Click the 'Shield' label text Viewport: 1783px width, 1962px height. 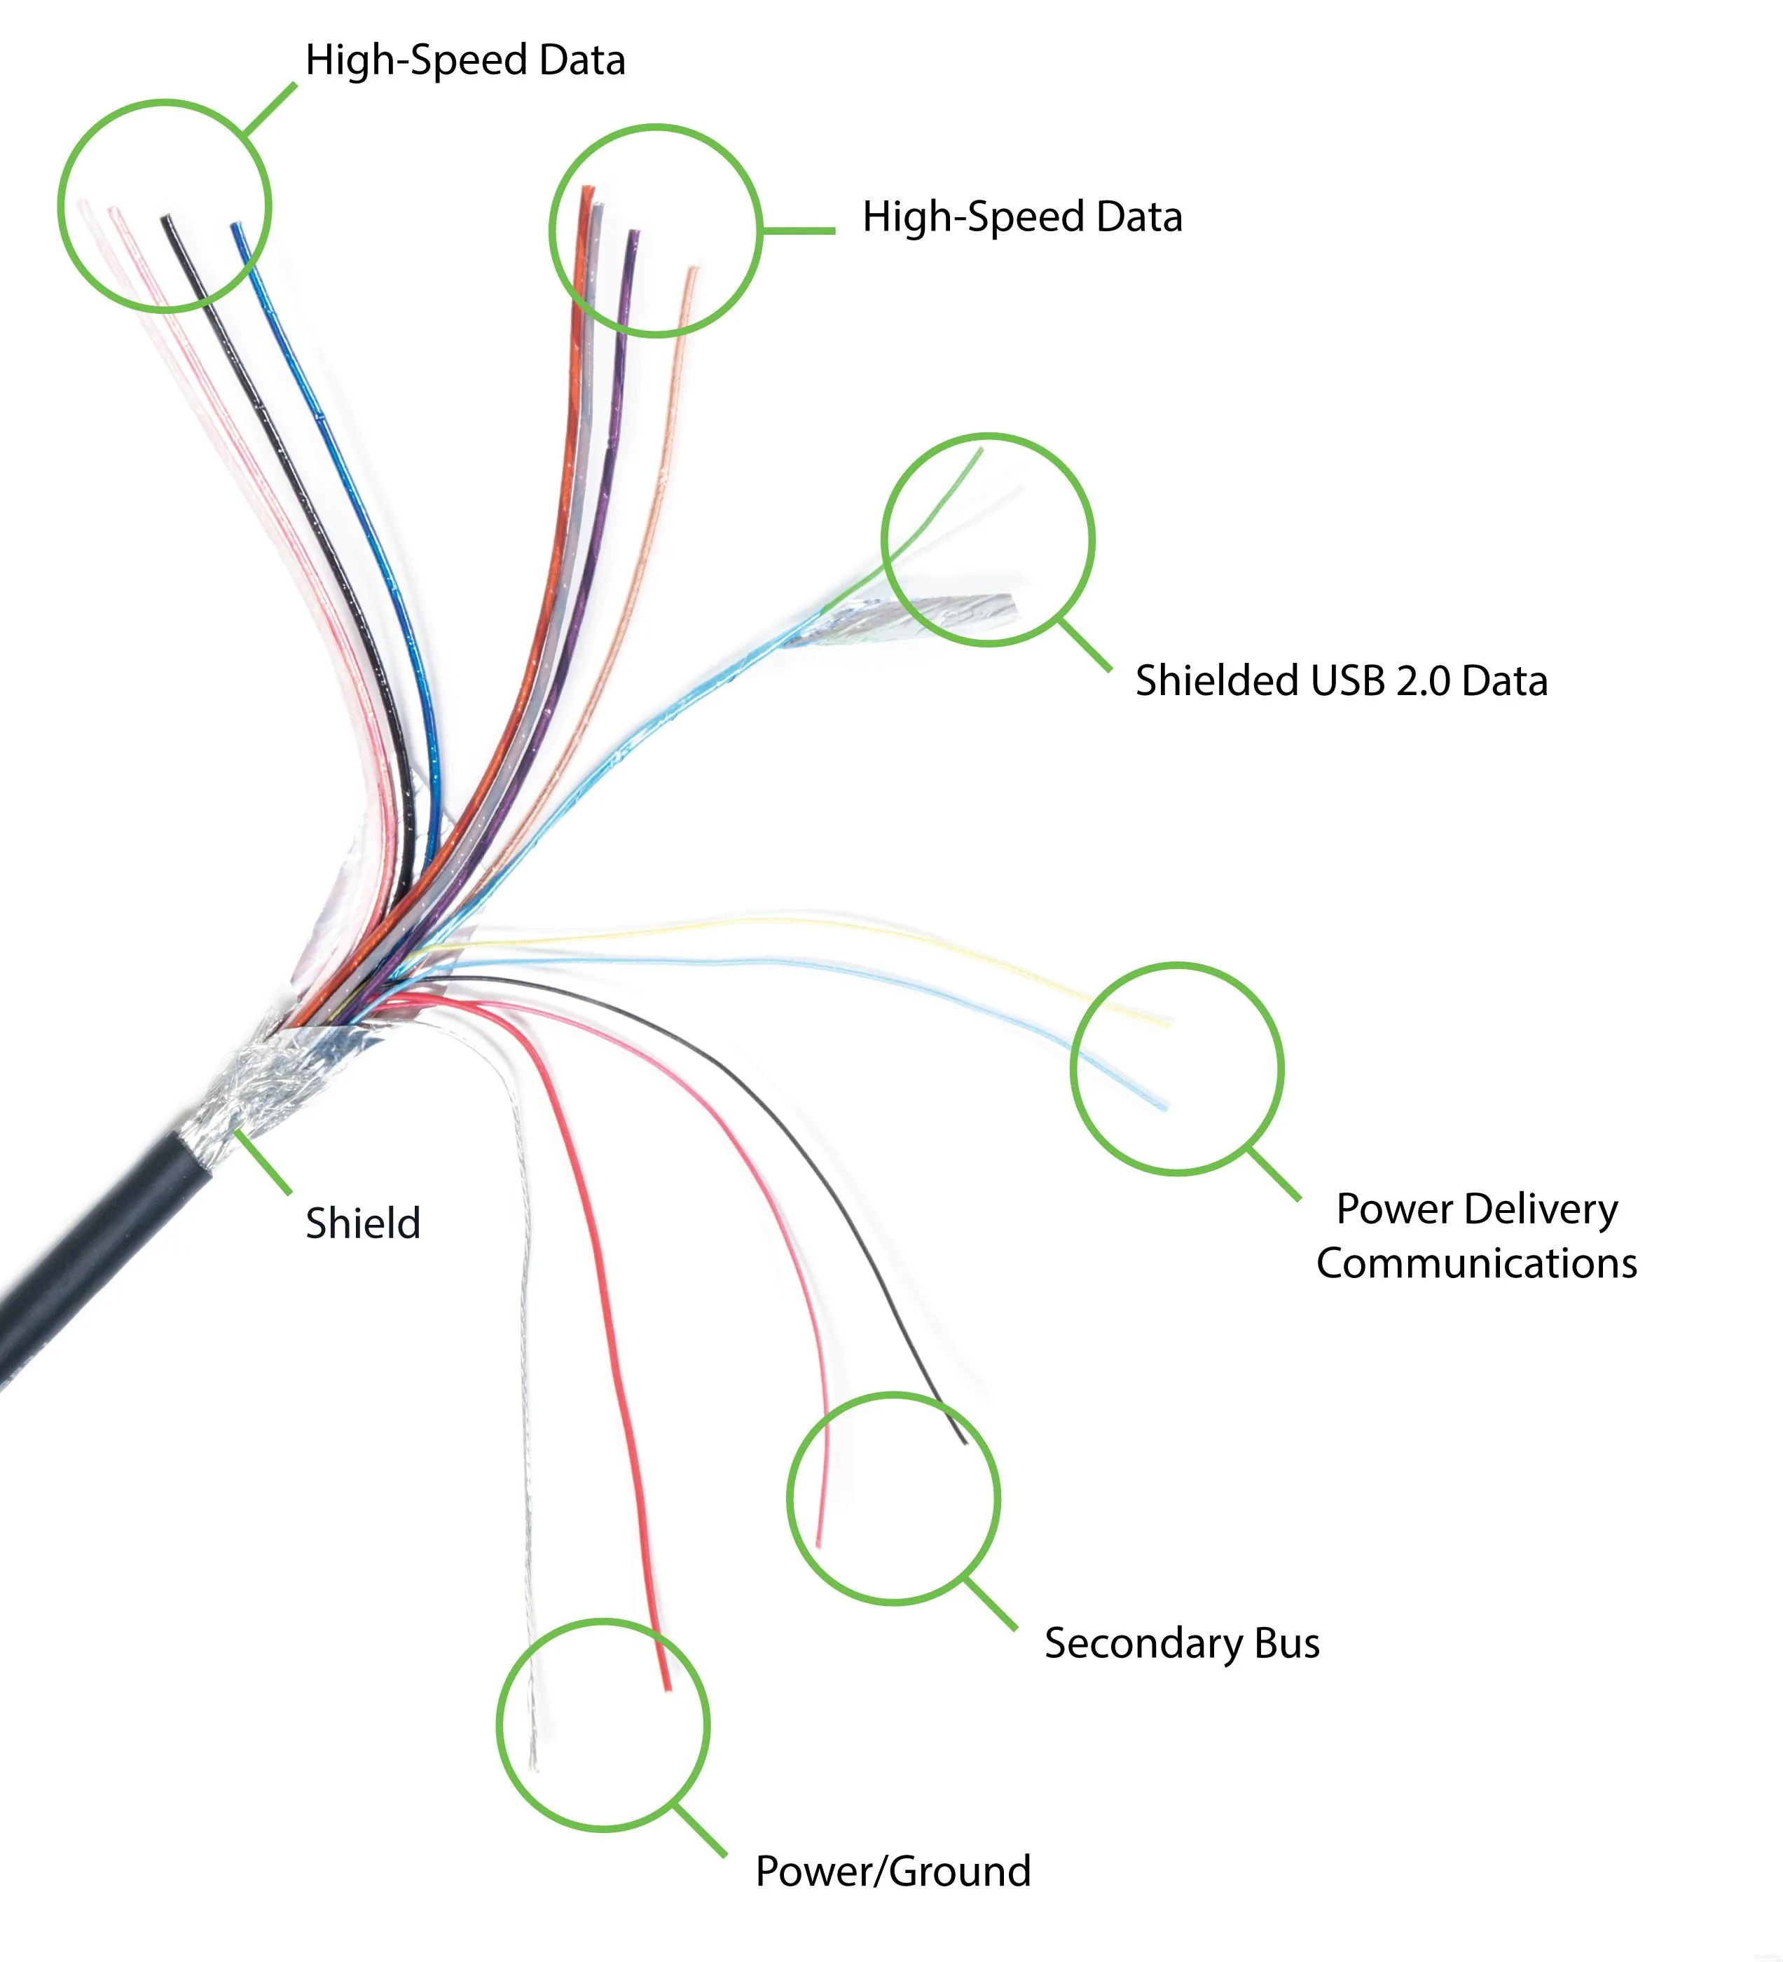tap(363, 1223)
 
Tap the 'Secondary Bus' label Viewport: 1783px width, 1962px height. tap(1181, 1642)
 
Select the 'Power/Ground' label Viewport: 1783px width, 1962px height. tap(893, 1870)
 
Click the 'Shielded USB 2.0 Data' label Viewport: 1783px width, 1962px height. tap(1340, 680)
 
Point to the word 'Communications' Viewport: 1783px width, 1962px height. tap(1476, 1263)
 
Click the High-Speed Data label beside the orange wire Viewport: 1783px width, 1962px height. tap(1022, 216)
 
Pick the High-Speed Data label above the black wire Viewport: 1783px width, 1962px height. tap(465, 60)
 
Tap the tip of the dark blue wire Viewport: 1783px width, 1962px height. tap(235, 228)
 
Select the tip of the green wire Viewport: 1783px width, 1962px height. tap(980, 450)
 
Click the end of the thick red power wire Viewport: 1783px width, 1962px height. tap(667, 1687)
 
